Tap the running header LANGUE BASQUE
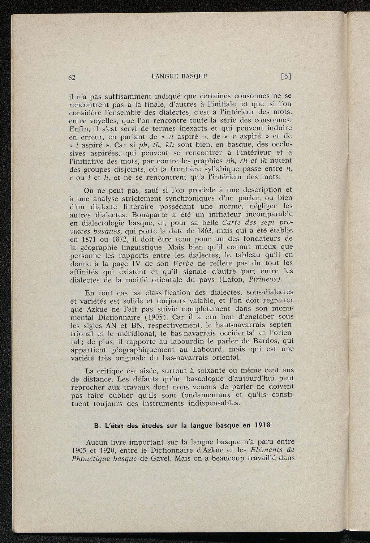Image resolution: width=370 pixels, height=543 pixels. [180, 76]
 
